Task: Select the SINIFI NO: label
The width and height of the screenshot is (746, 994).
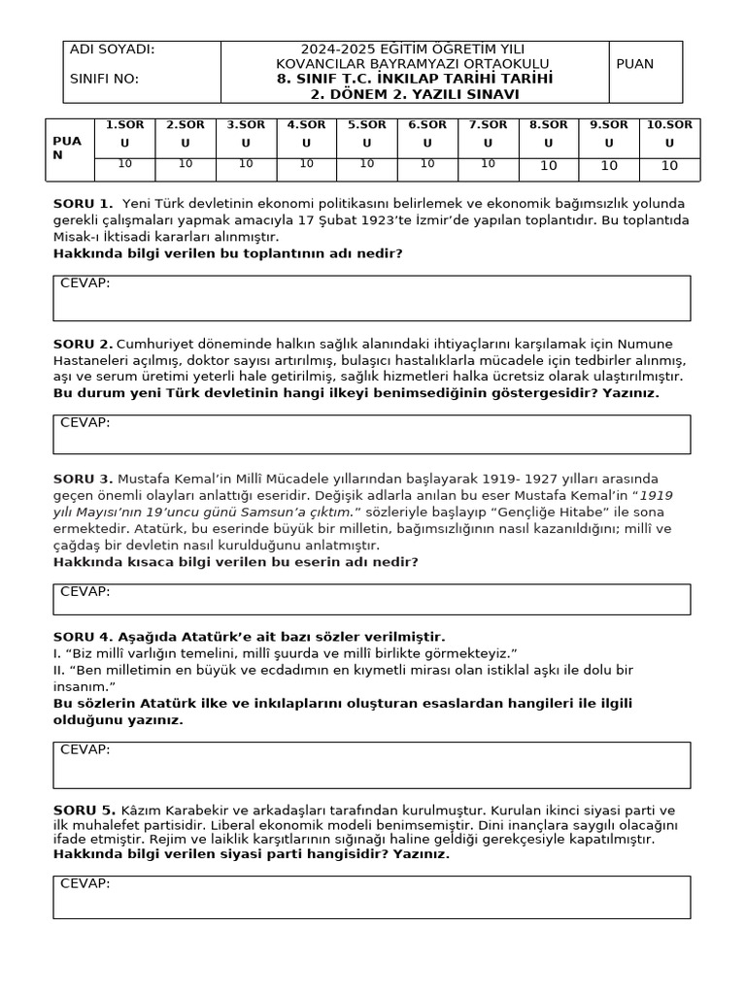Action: point(105,79)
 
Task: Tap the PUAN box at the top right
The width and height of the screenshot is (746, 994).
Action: point(635,64)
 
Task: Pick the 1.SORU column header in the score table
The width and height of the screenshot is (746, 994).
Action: point(124,133)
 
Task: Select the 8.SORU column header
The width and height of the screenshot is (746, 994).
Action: point(548,133)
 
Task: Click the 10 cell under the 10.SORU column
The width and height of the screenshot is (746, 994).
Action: point(669,166)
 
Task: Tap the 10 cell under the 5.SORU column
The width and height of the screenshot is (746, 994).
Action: point(366,164)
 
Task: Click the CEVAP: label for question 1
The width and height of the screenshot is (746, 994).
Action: point(85,283)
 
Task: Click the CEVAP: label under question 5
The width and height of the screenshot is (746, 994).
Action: point(85,883)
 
